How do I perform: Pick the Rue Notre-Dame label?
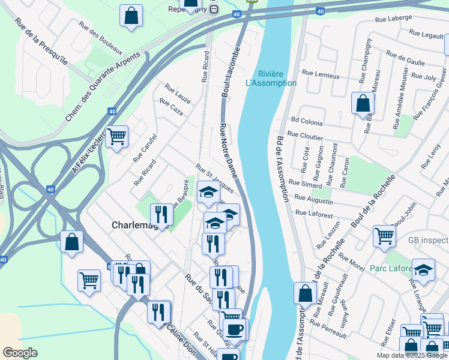[229, 150]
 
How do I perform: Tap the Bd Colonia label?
[306, 122]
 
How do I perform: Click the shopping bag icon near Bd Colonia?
[363, 103]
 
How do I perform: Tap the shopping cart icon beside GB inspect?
[384, 235]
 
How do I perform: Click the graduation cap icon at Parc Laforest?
[423, 270]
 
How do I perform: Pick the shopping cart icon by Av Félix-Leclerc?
[116, 137]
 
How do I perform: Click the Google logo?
[20, 353]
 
